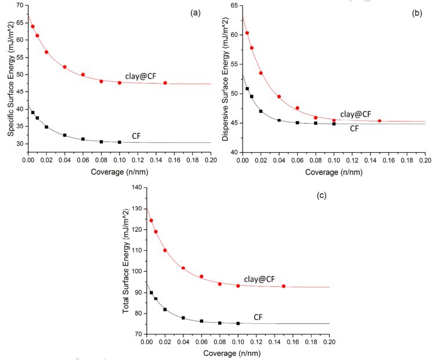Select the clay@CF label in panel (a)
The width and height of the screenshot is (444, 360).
[141, 76]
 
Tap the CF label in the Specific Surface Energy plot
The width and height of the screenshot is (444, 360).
[136, 136]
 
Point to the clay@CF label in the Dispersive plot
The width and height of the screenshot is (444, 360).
[356, 114]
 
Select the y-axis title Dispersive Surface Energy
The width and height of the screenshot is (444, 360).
[225, 80]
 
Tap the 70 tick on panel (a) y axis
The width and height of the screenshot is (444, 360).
[20, 5]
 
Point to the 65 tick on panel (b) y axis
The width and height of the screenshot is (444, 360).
[234, 5]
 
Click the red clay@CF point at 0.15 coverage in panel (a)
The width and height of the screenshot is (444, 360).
[165, 83]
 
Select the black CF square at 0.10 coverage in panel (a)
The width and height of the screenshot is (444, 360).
[120, 142]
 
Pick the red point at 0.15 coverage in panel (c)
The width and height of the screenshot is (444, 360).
[284, 286]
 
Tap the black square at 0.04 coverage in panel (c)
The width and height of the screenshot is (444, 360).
[183, 318]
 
